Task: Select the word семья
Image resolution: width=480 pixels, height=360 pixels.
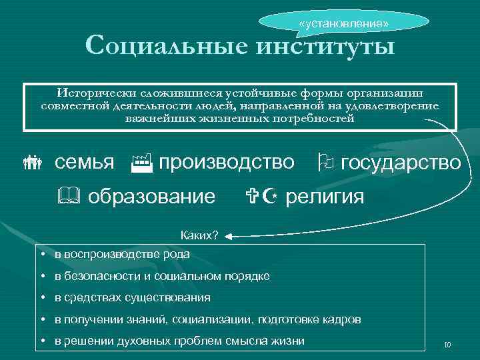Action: coord(84,162)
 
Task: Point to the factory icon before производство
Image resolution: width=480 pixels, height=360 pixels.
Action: coord(141,161)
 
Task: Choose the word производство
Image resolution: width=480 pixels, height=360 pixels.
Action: coord(227,162)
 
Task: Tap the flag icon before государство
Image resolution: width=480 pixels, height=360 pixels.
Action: coord(325,162)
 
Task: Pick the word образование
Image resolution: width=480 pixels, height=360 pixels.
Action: coord(152,197)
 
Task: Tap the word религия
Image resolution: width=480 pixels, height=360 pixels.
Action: coord(325,197)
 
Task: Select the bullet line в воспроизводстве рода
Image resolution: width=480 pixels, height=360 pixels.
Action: coord(122,254)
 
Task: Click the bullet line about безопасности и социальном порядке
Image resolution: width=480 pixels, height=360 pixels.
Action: coord(162,276)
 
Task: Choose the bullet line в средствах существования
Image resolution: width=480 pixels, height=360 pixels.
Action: coord(132,297)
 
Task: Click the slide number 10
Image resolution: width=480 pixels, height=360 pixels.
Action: coord(447,345)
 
